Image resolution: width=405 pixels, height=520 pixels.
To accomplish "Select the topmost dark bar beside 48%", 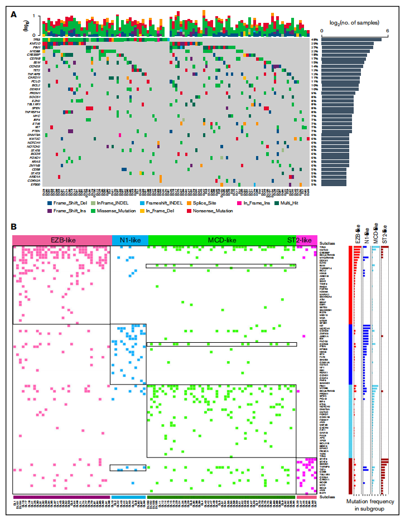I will click(x=351, y=39).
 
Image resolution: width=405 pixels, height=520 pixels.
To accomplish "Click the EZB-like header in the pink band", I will click(x=61, y=240).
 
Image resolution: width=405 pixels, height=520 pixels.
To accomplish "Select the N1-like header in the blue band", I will click(x=129, y=240).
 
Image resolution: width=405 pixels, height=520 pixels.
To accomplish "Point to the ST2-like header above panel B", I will click(x=299, y=240).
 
